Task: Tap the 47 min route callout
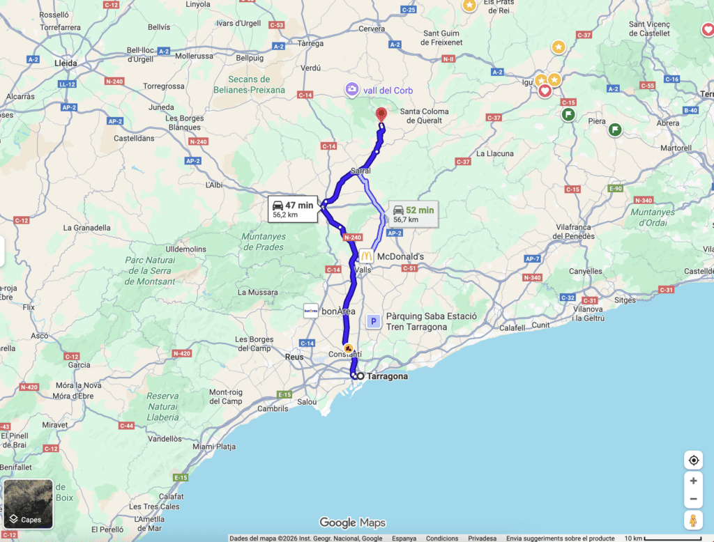tap(294, 209)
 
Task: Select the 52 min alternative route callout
tap(413, 214)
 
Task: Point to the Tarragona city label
tap(387, 376)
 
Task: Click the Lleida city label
tap(66, 63)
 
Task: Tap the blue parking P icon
tap(374, 321)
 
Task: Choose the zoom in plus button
tap(693, 481)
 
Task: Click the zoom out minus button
tap(693, 500)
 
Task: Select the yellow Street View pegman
tap(693, 520)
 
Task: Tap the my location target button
tap(693, 460)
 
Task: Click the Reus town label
tap(294, 357)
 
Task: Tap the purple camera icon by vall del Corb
tap(352, 89)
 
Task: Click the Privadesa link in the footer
tap(483, 539)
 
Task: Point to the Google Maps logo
tap(352, 523)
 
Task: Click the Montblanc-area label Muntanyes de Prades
tap(254, 242)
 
